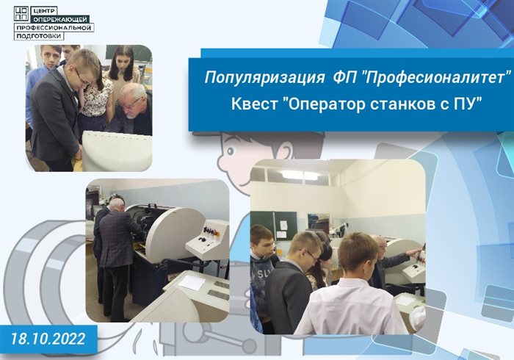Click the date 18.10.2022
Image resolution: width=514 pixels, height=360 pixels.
[48, 339]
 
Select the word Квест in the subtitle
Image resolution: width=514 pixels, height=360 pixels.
[253, 104]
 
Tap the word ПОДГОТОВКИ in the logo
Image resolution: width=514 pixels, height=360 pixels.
[39, 36]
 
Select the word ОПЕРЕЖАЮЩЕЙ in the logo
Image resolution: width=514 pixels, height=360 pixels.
[60, 19]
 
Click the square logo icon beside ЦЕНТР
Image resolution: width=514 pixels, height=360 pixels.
[21, 14]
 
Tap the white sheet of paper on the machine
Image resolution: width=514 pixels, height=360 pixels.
[192, 282]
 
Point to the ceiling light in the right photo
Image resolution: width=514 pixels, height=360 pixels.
[300, 175]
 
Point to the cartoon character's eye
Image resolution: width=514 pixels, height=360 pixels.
[231, 151]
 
